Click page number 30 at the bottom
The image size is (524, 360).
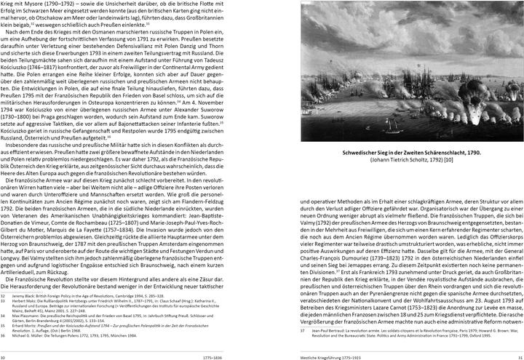[x=4, y=356]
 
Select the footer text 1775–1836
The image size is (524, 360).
[x=213, y=356]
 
